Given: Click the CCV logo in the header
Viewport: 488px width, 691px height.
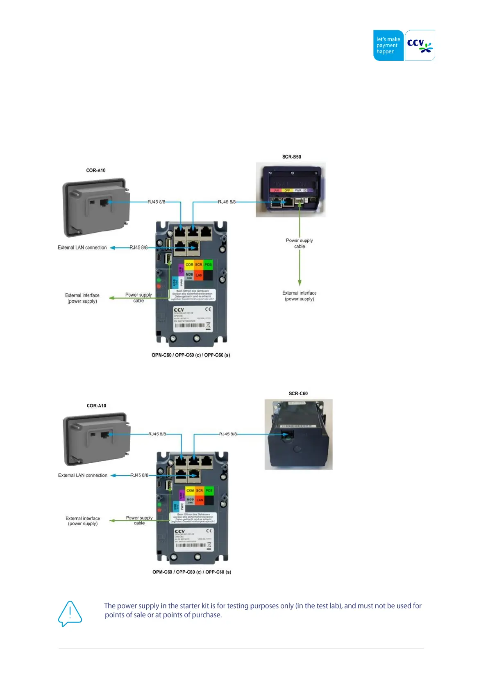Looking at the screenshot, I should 420,45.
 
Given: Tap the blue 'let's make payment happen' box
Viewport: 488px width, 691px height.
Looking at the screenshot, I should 388,45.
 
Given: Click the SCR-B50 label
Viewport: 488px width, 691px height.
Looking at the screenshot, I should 291,157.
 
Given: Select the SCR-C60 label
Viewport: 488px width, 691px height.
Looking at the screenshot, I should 298,393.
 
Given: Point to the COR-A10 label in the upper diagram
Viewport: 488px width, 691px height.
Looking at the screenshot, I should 96,170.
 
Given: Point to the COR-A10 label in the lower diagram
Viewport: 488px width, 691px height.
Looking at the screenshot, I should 96,405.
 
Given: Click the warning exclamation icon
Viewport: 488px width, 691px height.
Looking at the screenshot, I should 70,613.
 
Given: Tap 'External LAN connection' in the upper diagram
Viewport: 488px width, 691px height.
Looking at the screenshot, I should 82,247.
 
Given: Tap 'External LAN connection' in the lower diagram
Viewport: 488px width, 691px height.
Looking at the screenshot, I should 82,475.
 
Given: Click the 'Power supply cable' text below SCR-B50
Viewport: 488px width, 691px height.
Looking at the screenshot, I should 299,243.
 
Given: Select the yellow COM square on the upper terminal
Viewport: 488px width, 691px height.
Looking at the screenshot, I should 189,265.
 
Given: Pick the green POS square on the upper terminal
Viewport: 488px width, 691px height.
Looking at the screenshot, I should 208,265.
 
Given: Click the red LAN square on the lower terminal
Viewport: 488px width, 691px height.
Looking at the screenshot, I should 200,500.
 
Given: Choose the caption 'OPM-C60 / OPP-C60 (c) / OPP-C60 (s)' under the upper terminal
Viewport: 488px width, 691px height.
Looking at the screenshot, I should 191,355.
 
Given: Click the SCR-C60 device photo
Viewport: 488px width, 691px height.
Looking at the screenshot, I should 298,434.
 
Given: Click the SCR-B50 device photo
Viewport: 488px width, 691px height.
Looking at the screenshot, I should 291,190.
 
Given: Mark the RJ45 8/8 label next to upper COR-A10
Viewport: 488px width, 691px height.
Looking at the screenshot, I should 156,202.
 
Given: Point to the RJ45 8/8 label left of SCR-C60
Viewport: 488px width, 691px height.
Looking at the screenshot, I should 227,434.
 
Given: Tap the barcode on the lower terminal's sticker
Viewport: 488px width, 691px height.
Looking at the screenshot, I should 190,545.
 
